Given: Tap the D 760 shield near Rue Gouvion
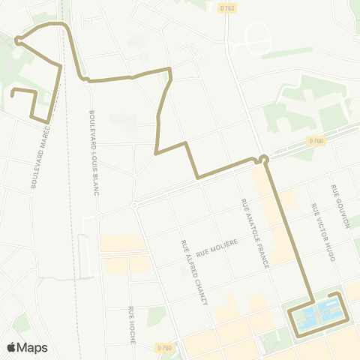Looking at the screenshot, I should (315, 139).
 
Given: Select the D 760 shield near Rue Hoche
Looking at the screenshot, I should (165, 347).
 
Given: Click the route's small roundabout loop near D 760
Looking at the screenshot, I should (263, 158).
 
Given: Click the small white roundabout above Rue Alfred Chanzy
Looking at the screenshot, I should (134, 205).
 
